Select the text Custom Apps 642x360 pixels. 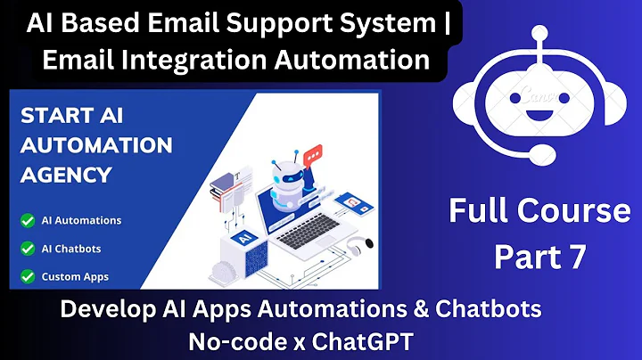click(76, 276)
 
